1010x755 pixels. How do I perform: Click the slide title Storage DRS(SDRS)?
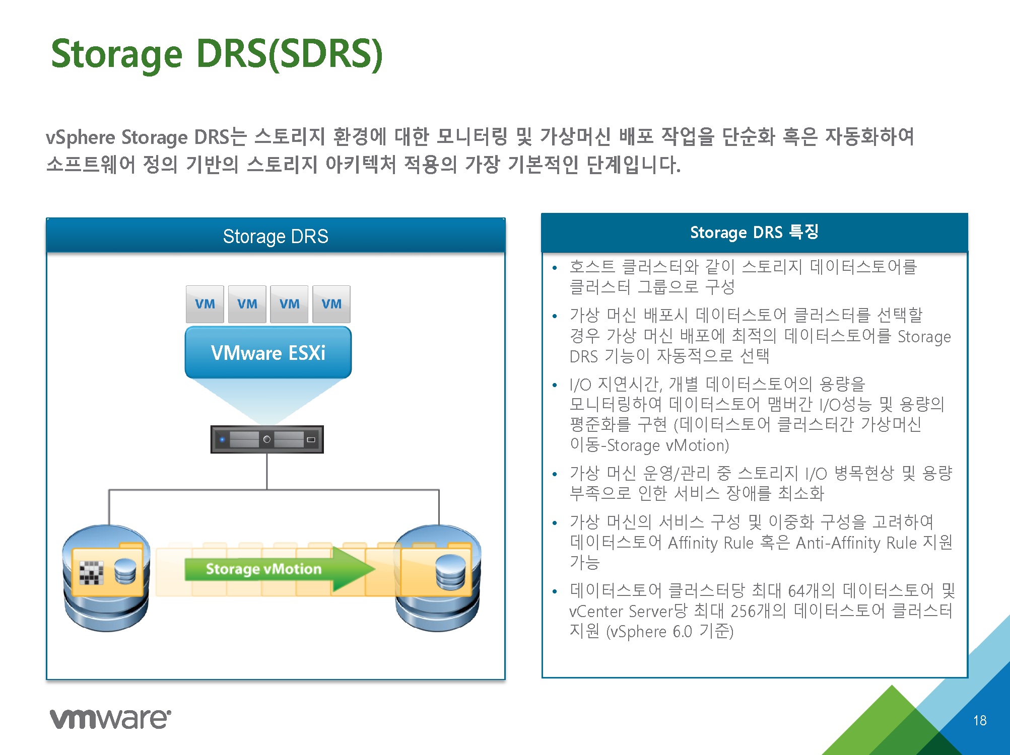pos(217,54)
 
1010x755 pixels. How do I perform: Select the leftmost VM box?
pos(205,304)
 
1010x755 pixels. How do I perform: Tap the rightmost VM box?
pos(331,304)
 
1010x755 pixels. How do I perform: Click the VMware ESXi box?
pos(268,352)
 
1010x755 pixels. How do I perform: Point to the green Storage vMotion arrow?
pos(280,569)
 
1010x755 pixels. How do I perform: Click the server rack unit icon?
pos(267,439)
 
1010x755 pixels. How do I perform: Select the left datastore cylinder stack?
pos(106,578)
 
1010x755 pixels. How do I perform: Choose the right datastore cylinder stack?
pos(438,578)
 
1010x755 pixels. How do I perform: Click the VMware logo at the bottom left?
pos(110,718)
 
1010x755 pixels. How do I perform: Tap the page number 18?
pos(980,721)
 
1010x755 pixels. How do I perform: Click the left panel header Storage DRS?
pos(276,236)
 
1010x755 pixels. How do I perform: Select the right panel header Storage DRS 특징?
pos(754,232)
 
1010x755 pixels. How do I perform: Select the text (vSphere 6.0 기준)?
pos(670,631)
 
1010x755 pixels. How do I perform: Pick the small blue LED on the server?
pos(222,439)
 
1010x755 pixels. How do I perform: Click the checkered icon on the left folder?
pos(91,573)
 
